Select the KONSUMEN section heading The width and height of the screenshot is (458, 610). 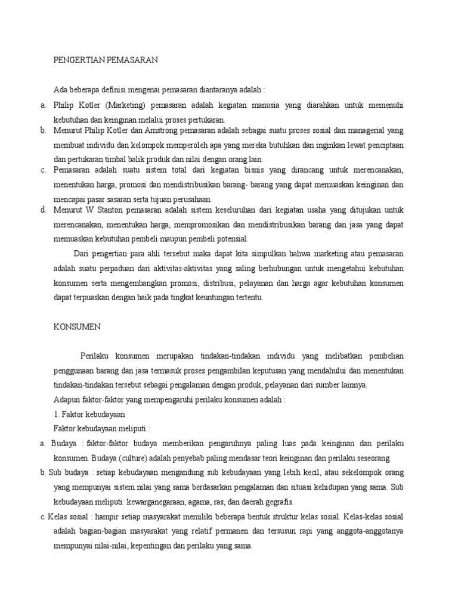pos(78,326)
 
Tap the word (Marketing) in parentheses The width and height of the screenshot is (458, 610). pos(127,105)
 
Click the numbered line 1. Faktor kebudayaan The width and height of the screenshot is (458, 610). pos(89,413)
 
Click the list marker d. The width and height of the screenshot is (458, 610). pos(44,210)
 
